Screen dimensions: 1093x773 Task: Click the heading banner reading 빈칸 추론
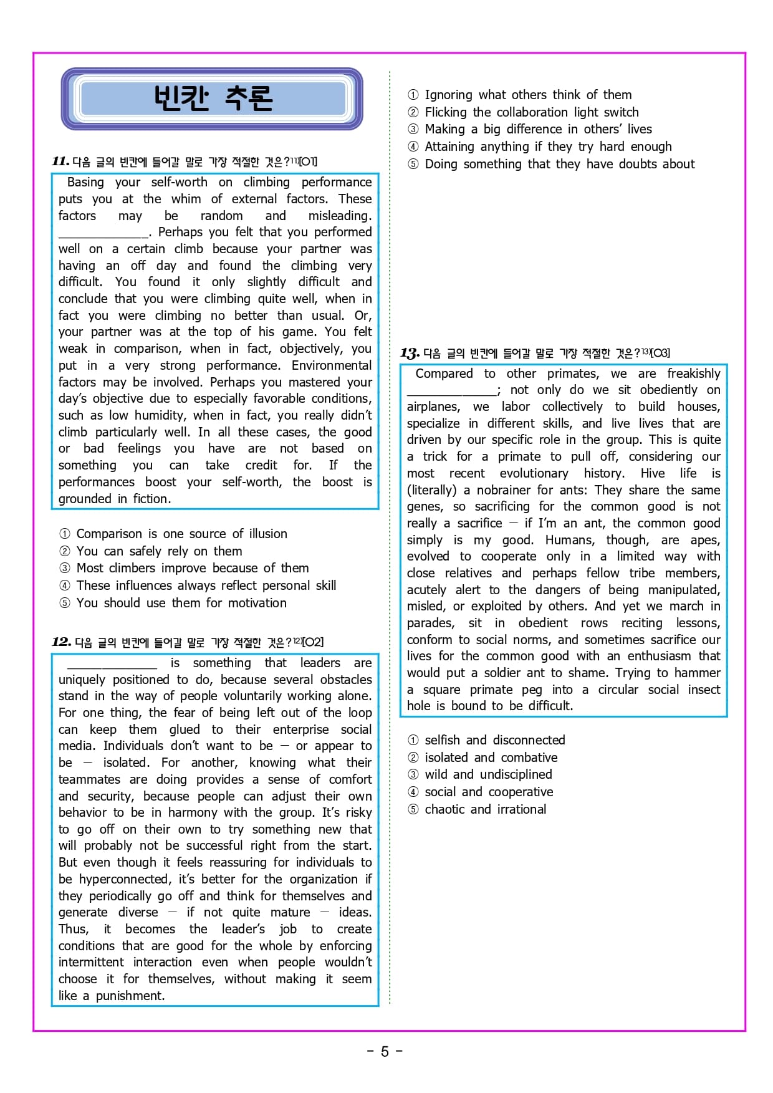tap(212, 99)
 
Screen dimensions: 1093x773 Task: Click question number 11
tap(60, 161)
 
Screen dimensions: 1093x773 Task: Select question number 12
tap(61, 642)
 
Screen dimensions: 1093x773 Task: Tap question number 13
tap(410, 354)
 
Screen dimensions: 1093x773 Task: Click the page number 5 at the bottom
tap(385, 1052)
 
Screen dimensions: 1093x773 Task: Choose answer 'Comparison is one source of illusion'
tap(181, 534)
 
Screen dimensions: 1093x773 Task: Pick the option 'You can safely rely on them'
tap(159, 551)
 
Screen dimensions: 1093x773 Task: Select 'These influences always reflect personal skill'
tap(206, 585)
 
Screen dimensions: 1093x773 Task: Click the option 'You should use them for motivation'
tap(181, 603)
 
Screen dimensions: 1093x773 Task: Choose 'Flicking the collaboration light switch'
tap(531, 112)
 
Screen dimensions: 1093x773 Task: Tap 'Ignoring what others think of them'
tap(527, 95)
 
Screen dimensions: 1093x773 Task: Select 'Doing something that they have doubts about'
tap(559, 164)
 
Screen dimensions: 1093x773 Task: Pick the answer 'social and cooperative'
tap(489, 792)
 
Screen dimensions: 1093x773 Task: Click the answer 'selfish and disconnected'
tap(494, 740)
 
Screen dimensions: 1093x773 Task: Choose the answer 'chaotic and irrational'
tap(485, 809)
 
